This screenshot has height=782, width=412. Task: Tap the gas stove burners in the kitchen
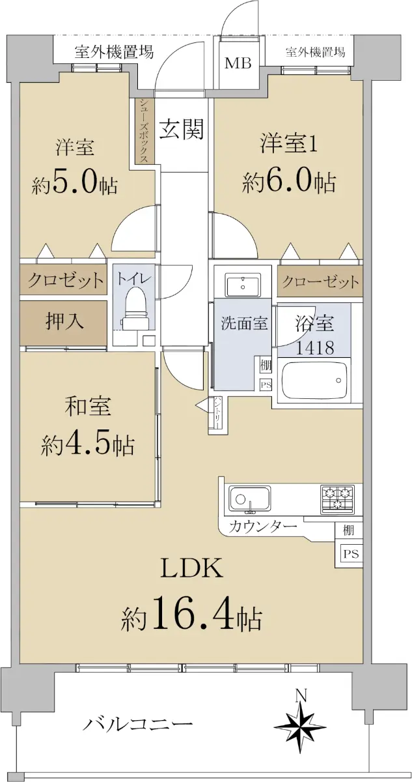[337, 499]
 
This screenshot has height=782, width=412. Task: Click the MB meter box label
[238, 63]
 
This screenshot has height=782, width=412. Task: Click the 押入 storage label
[65, 321]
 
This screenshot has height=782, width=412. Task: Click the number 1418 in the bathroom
[315, 348]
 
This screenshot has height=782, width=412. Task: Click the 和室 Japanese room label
[88, 407]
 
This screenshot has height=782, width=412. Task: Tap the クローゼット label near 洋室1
[320, 282]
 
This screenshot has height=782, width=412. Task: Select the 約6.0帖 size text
[289, 182]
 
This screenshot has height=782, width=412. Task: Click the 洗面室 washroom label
[244, 324]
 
